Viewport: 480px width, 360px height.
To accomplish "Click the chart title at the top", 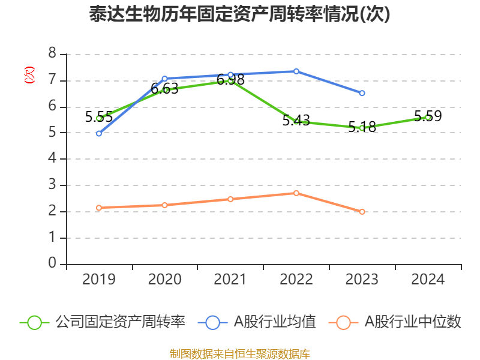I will pos(239,14).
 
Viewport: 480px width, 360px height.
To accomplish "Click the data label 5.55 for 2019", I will pos(99,117).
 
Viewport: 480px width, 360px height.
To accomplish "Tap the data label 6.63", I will pos(164,89).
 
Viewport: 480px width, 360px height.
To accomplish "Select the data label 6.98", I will pos(230,80).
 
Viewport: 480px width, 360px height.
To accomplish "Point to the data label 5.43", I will pos(296,121).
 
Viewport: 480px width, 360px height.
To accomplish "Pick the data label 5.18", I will pos(362,127).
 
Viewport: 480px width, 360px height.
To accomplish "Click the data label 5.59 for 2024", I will pos(428,116).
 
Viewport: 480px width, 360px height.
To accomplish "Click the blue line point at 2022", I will pos(296,71).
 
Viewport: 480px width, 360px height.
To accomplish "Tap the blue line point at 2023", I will pos(362,93).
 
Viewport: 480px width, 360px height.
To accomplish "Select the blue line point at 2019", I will pos(99,133).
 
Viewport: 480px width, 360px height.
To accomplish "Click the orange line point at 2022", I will pos(296,193).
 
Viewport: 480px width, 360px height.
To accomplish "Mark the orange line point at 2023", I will pos(362,212).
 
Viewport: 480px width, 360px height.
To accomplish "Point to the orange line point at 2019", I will pos(99,208).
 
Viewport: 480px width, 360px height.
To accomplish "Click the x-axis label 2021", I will pos(230,280).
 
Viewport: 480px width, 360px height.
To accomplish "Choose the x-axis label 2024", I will pos(428,280).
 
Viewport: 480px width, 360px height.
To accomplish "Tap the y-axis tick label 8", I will pos(52,54).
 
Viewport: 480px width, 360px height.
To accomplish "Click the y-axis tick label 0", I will pos(52,264).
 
